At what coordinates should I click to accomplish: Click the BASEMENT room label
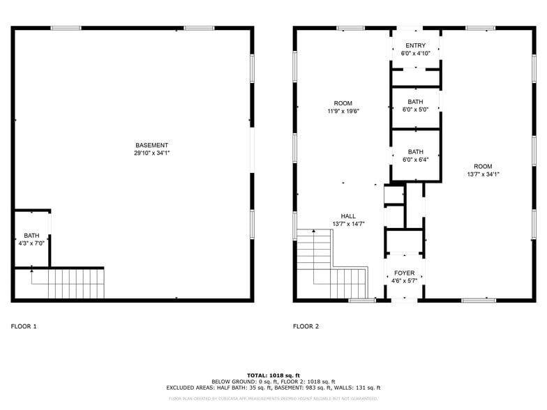(x=151, y=145)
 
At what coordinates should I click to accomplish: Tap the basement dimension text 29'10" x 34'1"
(x=151, y=153)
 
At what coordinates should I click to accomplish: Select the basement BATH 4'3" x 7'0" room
(x=32, y=239)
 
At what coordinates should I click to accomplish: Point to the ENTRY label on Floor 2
(x=415, y=45)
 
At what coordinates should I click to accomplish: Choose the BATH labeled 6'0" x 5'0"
(x=415, y=105)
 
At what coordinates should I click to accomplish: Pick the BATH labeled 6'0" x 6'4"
(x=415, y=155)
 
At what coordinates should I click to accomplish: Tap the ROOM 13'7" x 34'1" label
(x=483, y=167)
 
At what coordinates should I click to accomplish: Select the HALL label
(x=348, y=216)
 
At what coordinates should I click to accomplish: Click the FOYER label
(x=404, y=273)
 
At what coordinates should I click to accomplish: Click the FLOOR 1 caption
(x=24, y=326)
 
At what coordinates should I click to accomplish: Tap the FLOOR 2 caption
(x=306, y=326)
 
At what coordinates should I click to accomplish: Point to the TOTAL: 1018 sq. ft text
(x=273, y=375)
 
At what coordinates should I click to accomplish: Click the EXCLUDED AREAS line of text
(x=273, y=388)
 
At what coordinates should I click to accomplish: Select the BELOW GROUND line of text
(x=273, y=381)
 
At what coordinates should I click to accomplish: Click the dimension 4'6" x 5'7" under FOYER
(x=404, y=281)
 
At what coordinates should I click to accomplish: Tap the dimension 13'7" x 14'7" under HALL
(x=348, y=224)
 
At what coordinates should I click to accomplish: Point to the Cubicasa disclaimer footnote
(x=273, y=399)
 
